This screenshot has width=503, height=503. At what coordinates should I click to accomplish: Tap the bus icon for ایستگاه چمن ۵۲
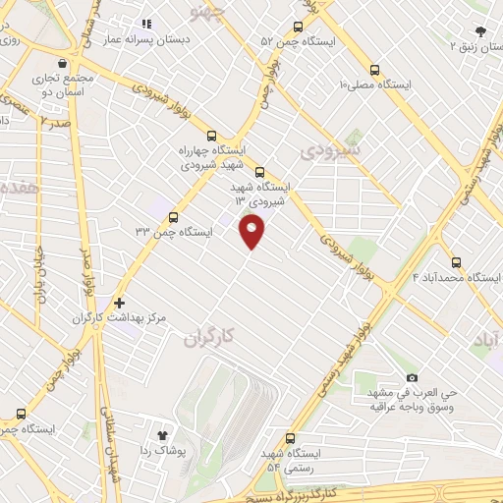(298, 28)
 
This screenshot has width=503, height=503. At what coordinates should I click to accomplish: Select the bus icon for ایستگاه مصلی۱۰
(374, 70)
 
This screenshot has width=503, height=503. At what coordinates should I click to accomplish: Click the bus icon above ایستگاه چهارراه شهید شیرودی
(210, 137)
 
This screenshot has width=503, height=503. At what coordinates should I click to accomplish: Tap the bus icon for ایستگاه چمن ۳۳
(173, 217)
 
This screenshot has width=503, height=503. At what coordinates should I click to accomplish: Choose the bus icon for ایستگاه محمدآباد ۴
(456, 262)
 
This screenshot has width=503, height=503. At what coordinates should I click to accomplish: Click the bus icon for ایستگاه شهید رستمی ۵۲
(289, 438)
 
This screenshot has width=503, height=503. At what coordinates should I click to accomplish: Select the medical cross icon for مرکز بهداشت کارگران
(119, 304)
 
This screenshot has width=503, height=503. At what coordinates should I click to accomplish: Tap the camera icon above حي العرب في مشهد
(412, 378)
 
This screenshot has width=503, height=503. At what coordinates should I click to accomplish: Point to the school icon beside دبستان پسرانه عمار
(145, 24)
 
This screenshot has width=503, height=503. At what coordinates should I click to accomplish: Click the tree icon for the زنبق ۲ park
(479, 31)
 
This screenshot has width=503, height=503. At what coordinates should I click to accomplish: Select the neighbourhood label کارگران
(209, 337)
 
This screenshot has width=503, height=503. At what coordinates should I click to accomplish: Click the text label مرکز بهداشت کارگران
(118, 319)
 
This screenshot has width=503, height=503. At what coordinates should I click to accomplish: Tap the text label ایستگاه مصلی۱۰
(373, 85)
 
